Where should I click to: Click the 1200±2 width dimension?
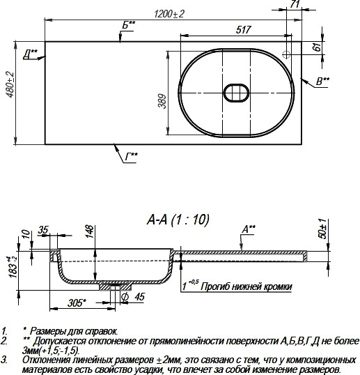click(x=169, y=14)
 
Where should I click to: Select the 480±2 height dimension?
click(x=10, y=84)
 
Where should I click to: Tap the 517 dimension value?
click(x=243, y=30)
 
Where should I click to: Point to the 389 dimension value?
click(x=162, y=101)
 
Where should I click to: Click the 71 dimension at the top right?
click(x=295, y=4)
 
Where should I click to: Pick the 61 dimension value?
click(x=317, y=47)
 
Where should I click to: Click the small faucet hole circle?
click(x=286, y=54)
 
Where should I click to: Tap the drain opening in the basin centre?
click(x=236, y=93)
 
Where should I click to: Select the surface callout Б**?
click(x=129, y=25)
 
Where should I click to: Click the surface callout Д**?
click(x=31, y=54)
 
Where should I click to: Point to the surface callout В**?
click(x=322, y=82)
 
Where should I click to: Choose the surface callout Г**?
click(x=132, y=157)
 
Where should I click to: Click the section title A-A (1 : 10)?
click(x=178, y=220)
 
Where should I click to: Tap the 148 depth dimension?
click(x=90, y=231)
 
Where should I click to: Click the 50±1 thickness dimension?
click(x=322, y=229)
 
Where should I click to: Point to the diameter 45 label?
click(x=133, y=297)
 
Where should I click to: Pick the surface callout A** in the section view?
click(x=249, y=229)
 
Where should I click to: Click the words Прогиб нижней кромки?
click(x=246, y=286)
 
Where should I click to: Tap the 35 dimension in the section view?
click(x=43, y=230)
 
